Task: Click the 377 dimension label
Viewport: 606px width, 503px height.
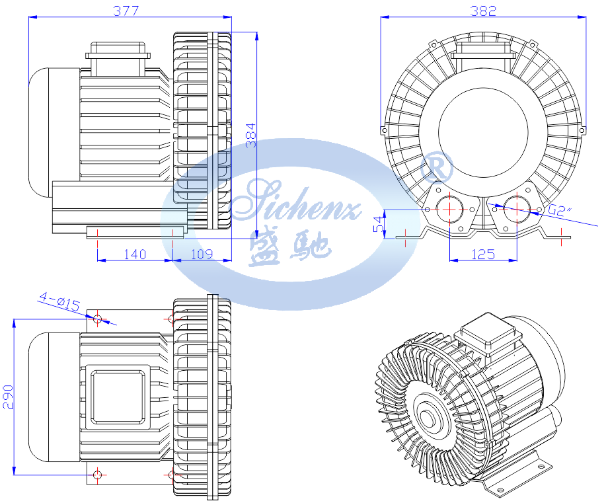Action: [x=126, y=11]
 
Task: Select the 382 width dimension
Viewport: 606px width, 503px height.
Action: [x=483, y=11]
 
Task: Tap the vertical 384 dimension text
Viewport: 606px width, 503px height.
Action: [x=251, y=135]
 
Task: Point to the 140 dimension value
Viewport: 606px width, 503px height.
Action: [x=135, y=254]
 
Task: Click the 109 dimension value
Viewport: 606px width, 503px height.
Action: [x=202, y=254]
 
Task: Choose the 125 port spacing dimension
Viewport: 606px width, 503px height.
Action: [x=483, y=254]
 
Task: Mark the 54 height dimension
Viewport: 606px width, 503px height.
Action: [x=379, y=224]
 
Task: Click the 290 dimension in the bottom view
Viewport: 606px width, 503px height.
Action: [x=8, y=397]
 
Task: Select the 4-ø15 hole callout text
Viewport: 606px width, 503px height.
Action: [x=59, y=302]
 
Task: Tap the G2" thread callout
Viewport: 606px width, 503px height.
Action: [x=560, y=210]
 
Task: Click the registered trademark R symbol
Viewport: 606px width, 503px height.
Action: [x=436, y=167]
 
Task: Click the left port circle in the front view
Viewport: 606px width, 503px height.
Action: [x=450, y=209]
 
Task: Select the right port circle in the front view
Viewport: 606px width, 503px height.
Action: [x=517, y=209]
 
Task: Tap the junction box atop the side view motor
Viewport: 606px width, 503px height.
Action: [x=118, y=58]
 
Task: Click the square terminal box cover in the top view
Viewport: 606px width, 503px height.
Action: [x=118, y=397]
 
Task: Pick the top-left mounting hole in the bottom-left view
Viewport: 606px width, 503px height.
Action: [x=97, y=319]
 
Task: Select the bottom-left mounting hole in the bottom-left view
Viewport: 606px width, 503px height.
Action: [x=97, y=475]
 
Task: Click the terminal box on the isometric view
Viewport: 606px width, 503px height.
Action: [x=486, y=334]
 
